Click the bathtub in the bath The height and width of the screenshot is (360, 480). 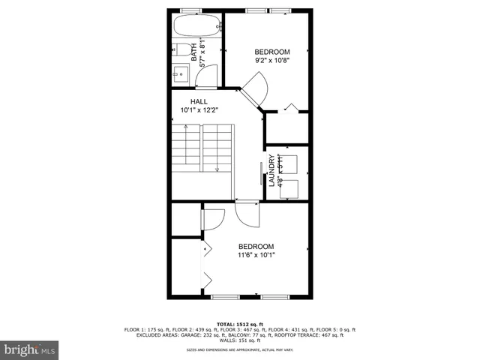tap(196, 27)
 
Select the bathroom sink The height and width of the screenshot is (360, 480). tap(181, 73)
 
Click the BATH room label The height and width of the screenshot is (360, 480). tap(194, 53)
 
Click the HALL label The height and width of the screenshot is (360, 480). tap(198, 101)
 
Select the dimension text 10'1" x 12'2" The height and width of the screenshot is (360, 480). tap(198, 110)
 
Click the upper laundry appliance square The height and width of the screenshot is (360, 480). tap(289, 164)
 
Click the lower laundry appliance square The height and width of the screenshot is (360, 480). tap(289, 188)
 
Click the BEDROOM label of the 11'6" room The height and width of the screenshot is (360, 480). tap(256, 246)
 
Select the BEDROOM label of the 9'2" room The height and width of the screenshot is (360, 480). tap(271, 52)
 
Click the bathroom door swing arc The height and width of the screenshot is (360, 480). tap(208, 73)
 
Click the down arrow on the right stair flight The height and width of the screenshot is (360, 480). tap(217, 169)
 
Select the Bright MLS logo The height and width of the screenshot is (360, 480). tap(30, 349)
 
